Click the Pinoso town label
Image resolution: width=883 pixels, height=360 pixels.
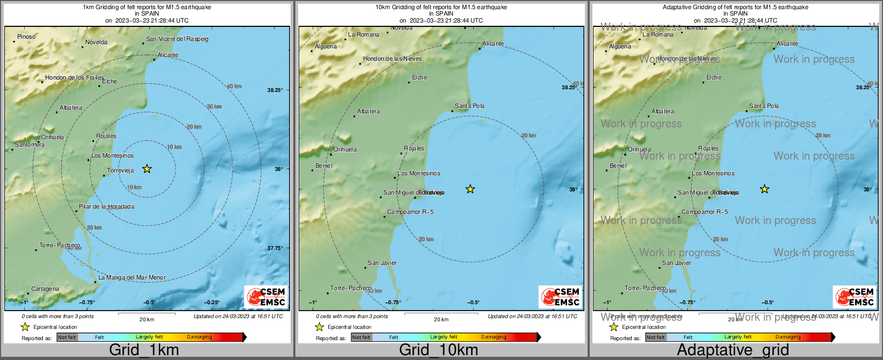tap(26, 37)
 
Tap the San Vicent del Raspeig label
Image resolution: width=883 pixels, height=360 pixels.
tap(177, 39)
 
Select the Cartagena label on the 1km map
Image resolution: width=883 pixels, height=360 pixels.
tap(45, 289)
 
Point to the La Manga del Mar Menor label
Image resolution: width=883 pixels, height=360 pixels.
tap(132, 278)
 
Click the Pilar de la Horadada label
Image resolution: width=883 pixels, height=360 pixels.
tap(106, 207)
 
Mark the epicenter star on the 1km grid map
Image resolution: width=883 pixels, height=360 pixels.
tap(147, 169)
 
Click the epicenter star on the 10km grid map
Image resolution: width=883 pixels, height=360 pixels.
tap(470, 189)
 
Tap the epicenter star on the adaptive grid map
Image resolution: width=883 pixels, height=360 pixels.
tap(764, 189)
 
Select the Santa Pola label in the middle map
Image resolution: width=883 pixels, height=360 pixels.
tap(469, 106)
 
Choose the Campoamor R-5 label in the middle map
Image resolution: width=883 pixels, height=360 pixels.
tap(410, 212)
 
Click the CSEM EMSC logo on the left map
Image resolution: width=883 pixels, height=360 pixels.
tap(265, 297)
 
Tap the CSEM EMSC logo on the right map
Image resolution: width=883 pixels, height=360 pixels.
tap(854, 297)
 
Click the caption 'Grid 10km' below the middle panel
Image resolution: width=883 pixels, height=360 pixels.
tap(438, 350)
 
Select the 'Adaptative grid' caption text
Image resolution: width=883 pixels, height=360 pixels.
tap(733, 350)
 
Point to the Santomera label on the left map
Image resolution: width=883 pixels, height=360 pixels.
tap(30, 145)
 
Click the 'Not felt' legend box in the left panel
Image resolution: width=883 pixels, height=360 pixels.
tap(67, 337)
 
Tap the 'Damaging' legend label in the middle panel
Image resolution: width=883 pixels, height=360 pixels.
tap(494, 337)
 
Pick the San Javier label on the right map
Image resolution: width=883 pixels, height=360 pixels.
tap(677, 263)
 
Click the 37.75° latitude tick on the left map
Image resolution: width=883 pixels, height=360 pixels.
tap(275, 248)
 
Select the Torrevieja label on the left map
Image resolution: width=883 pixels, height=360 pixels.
tap(120, 171)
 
